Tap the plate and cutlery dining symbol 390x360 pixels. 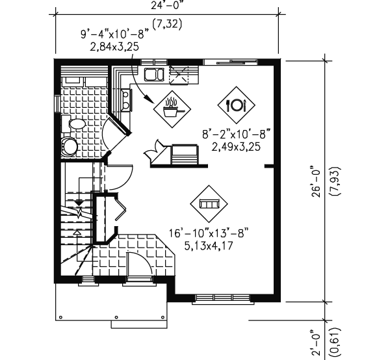[x=234, y=104]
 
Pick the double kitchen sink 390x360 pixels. [x=154, y=75]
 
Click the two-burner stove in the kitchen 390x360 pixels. [x=125, y=98]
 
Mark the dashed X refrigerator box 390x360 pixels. [x=180, y=75]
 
